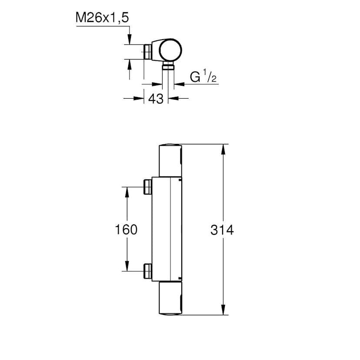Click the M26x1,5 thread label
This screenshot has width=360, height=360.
[x=102, y=18]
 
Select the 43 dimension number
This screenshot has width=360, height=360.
[x=156, y=99]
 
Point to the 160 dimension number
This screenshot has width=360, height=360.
[x=127, y=230]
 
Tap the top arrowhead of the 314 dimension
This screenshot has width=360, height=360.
[x=223, y=149]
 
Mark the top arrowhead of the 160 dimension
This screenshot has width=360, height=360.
[x=127, y=192]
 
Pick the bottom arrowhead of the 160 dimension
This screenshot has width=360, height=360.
[x=127, y=267]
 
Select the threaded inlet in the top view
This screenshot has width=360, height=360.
[x=148, y=51]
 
